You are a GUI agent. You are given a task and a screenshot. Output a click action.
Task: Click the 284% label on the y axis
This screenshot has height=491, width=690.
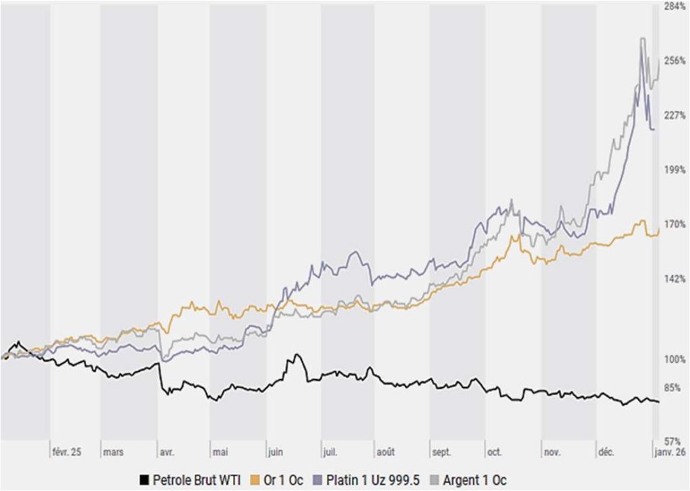tap(675, 6)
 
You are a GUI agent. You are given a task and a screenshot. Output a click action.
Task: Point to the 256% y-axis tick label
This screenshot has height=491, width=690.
tap(675, 61)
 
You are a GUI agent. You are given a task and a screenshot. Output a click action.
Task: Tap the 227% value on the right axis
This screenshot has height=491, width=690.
tap(675, 115)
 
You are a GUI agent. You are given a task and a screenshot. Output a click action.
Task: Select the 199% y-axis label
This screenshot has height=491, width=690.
tap(675, 169)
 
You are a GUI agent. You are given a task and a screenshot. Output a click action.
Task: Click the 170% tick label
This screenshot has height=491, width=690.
tap(675, 224)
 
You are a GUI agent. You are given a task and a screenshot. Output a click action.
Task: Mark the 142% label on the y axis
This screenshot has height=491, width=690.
tap(675, 278)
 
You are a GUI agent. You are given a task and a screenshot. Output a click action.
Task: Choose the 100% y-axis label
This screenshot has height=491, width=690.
tap(675, 359)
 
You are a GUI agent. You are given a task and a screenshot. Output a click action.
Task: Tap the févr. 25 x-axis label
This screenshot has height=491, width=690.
tap(66, 453)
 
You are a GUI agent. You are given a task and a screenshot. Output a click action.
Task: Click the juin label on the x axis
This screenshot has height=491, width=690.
tap(275, 453)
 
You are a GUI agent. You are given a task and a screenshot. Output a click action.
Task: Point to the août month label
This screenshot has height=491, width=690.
tap(385, 453)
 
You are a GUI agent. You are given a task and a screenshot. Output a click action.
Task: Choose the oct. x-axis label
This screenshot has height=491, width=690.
tap(494, 453)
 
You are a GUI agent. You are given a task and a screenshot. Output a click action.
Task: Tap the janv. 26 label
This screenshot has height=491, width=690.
tap(670, 453)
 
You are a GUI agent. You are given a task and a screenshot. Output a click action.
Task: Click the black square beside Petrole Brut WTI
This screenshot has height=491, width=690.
tap(143, 480)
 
